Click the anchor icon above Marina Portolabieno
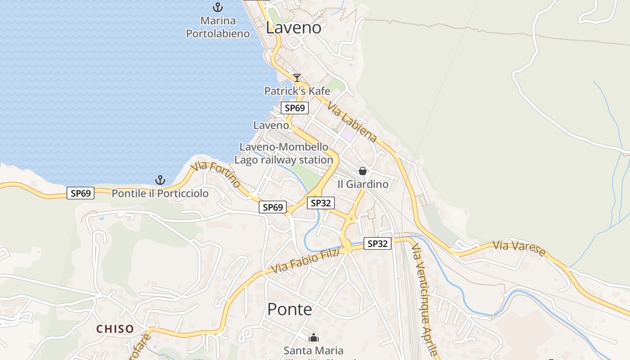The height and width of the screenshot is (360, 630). (218, 7)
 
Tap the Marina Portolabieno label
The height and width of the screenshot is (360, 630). (218, 27)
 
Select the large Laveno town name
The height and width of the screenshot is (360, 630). (293, 27)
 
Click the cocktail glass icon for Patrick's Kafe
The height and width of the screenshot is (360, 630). (297, 78)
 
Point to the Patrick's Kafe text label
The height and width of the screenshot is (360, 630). (297, 91)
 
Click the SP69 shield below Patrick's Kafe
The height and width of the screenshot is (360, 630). (295, 108)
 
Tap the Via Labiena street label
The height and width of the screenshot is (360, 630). (351, 122)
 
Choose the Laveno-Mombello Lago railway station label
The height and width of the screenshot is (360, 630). (284, 153)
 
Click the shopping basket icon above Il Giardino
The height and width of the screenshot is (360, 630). (363, 171)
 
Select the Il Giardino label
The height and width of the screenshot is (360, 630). (363, 184)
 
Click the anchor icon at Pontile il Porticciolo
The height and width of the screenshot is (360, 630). (160, 180)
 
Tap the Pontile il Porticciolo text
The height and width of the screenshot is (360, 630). (160, 193)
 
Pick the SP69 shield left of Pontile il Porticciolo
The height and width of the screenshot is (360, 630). (81, 193)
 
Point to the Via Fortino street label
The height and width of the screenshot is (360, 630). (216, 175)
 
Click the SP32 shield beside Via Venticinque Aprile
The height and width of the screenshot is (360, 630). (377, 243)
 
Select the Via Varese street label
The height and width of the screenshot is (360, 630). (519, 248)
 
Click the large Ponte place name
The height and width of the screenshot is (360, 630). (289, 309)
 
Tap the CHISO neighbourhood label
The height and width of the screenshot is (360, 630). (115, 329)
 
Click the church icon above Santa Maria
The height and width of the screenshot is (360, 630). (314, 337)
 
